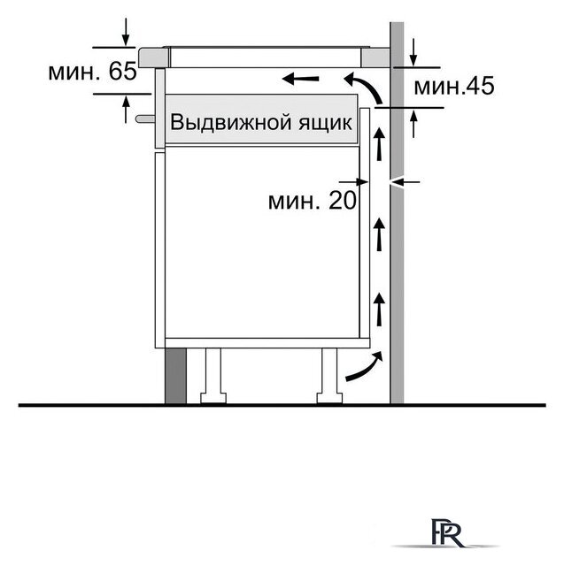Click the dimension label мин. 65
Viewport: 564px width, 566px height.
click(92, 72)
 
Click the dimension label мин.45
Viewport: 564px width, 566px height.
click(452, 87)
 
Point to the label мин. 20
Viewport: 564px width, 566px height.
click(312, 201)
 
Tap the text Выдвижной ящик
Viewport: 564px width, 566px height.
click(261, 122)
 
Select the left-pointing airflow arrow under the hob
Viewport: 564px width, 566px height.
click(301, 80)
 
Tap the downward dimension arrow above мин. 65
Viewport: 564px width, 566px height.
click(127, 32)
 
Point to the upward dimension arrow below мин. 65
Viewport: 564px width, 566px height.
click(127, 108)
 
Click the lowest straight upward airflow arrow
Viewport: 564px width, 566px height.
click(380, 311)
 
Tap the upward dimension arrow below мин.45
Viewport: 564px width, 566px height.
click(414, 121)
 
